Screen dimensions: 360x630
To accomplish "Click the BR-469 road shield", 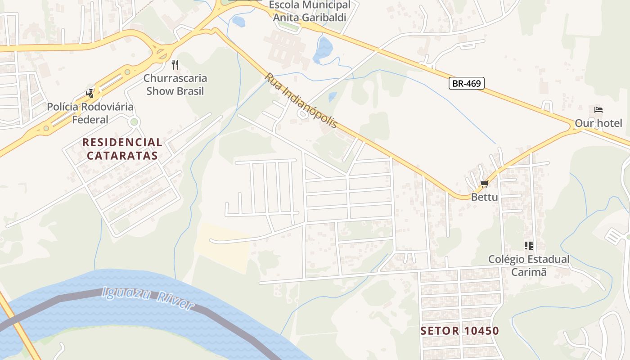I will click(x=466, y=83).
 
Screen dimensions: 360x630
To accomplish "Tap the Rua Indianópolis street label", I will click(x=301, y=100).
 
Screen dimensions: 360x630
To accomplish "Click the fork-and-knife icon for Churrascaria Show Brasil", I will click(x=175, y=65).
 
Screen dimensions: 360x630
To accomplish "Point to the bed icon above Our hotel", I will click(x=598, y=110).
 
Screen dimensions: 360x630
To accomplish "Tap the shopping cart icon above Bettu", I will click(x=484, y=184).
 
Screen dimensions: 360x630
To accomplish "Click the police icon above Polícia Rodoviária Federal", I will click(x=90, y=94).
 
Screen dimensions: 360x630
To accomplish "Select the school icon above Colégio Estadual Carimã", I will click(x=529, y=246).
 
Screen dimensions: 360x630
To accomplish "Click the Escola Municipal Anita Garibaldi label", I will click(x=310, y=11).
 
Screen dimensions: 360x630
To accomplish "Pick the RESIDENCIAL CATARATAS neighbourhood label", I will click(x=122, y=149).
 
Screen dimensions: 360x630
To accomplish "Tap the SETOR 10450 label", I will click(x=459, y=331).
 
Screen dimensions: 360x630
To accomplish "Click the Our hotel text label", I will click(x=598, y=123).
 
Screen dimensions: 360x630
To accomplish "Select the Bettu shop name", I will click(x=484, y=197).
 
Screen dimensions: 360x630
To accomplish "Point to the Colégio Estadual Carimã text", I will click(x=529, y=265).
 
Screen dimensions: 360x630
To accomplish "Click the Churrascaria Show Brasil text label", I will click(x=175, y=85).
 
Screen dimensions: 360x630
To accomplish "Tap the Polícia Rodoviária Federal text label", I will click(x=90, y=113).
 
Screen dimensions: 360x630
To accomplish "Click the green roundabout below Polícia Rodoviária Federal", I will click(x=134, y=122).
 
